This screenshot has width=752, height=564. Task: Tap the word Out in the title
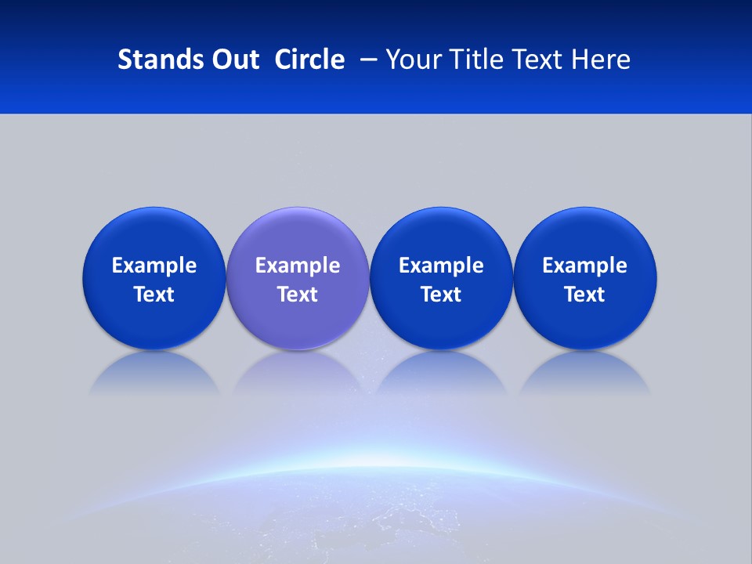point(233,60)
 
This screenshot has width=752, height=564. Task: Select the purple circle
point(298,235)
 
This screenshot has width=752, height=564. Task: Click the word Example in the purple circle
point(298,266)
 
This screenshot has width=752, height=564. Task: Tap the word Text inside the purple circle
point(298,295)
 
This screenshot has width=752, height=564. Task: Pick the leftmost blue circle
point(154,235)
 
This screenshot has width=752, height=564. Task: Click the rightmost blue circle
point(585,235)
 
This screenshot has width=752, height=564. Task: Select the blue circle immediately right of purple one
point(441,235)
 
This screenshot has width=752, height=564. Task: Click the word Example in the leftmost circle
point(154,266)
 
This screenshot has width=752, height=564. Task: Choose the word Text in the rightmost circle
point(585,295)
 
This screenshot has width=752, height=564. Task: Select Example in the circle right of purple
point(441,266)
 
